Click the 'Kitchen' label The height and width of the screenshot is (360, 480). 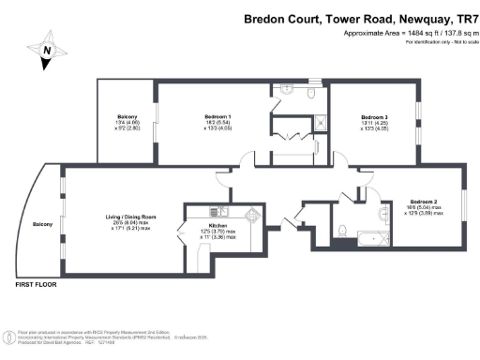(x=217, y=226)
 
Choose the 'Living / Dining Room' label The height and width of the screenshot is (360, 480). (x=130, y=217)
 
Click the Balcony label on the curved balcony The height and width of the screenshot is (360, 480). (x=42, y=224)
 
